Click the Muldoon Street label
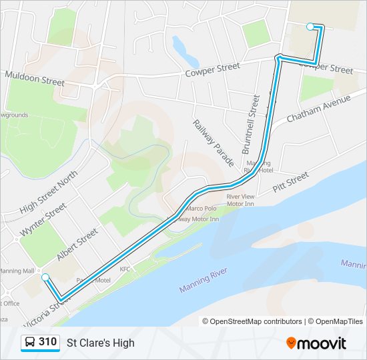(35, 79)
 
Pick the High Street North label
(49, 192)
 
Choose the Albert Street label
(77, 245)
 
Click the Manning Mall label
(17, 271)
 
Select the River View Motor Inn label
(240, 200)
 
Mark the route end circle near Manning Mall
(45, 277)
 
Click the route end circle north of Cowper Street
(310, 27)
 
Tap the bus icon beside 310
(30, 343)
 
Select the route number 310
(47, 342)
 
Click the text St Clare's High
(101, 343)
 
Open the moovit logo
(316, 343)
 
